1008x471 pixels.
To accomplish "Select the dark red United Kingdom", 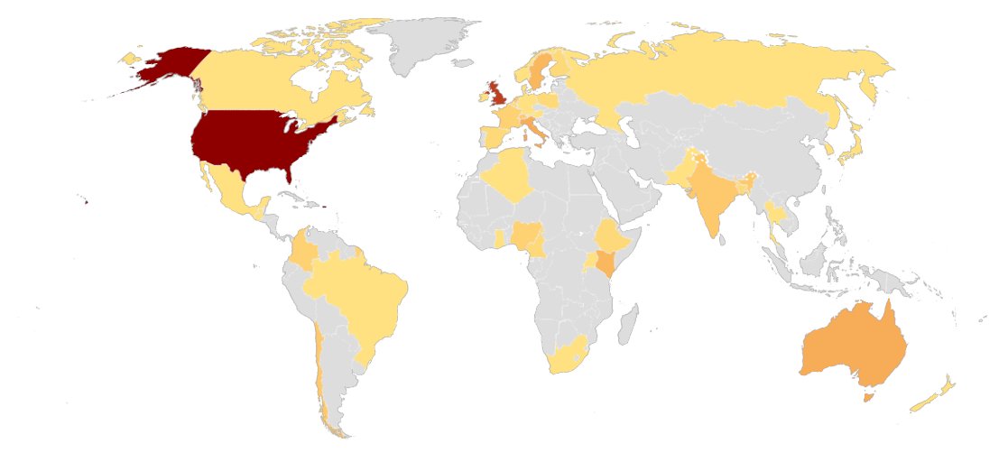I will click(x=498, y=94).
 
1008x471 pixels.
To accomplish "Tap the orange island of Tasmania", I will click(x=870, y=395).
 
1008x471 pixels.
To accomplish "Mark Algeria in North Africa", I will click(x=507, y=175).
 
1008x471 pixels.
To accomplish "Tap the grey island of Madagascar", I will click(x=631, y=325).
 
